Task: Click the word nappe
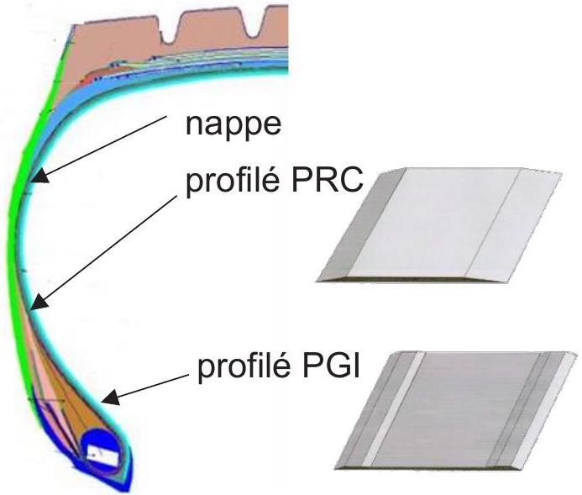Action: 233,125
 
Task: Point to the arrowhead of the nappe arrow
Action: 40,176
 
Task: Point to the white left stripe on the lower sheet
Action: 393,408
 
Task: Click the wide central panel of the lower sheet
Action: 456,408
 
